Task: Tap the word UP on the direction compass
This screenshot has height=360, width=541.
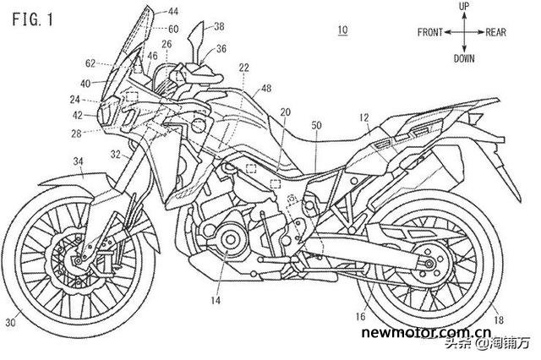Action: [463, 7]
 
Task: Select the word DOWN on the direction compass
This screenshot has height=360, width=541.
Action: [463, 59]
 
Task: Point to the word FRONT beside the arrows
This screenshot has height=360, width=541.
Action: [432, 33]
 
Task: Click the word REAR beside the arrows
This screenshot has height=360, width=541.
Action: [496, 33]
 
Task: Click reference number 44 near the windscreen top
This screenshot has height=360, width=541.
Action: [172, 11]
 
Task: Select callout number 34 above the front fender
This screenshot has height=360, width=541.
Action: [78, 161]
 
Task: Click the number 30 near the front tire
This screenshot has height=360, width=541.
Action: [10, 321]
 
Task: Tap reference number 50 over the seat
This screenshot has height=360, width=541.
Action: [316, 125]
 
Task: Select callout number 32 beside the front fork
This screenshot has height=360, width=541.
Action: [114, 153]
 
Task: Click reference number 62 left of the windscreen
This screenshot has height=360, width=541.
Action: [91, 63]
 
